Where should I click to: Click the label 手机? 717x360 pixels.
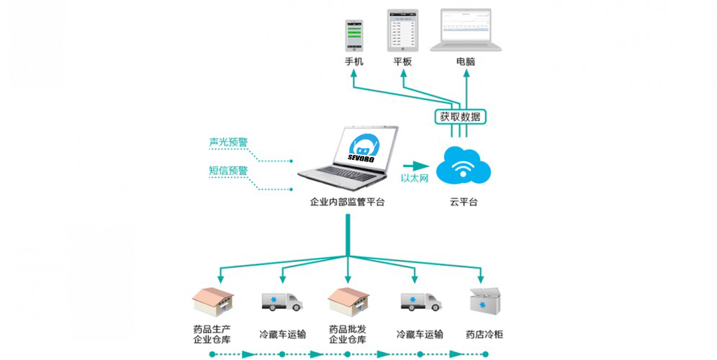tap(353, 62)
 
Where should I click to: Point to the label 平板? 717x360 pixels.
tap(402, 62)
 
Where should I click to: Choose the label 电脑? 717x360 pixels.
tap(465, 62)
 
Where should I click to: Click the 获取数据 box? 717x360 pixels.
tap(461, 117)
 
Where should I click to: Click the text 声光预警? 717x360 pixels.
tap(228, 143)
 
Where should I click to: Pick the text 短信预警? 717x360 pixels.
tap(228, 171)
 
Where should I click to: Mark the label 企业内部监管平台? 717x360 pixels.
tap(347, 202)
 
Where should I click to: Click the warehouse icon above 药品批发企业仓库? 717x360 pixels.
tap(348, 302)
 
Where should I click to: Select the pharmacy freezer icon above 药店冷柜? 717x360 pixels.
tap(484, 303)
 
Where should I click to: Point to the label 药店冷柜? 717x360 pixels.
tap(484, 334)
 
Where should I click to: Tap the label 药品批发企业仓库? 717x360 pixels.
tap(348, 334)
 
